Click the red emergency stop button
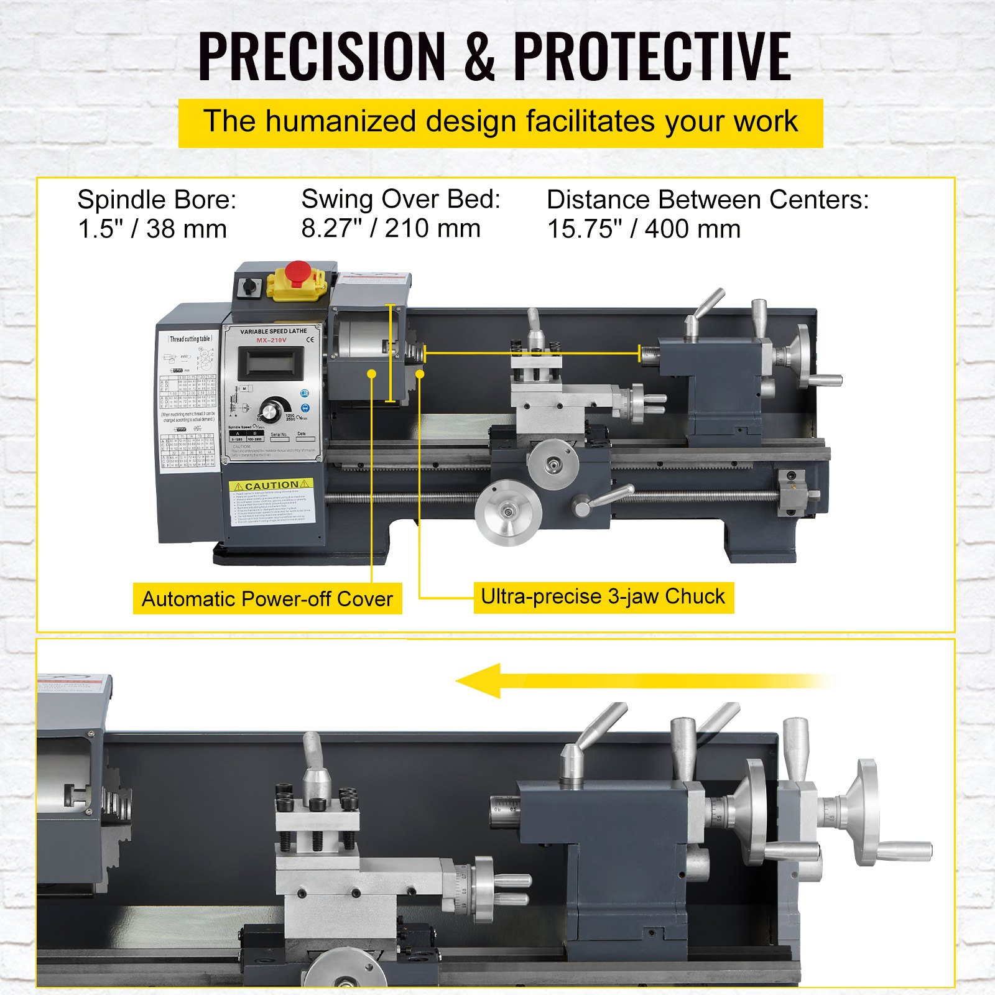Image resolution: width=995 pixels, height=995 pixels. point(298,272)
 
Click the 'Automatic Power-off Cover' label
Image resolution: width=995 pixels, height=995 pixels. point(267,599)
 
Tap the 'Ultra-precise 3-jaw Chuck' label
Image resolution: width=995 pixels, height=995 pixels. point(603,597)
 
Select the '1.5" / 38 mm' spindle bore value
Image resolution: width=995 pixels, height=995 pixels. point(152,229)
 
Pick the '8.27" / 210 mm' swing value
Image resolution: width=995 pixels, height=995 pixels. point(391,228)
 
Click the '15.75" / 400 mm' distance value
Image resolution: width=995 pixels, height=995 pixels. point(644,229)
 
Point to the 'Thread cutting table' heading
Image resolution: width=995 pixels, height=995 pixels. point(191,339)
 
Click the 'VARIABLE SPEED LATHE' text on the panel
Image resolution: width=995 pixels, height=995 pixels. point(274,331)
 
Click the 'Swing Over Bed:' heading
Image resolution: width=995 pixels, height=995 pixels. point(401,200)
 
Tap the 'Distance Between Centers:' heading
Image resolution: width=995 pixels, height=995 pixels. point(708,200)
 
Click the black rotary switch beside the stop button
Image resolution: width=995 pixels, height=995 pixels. point(251,287)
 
